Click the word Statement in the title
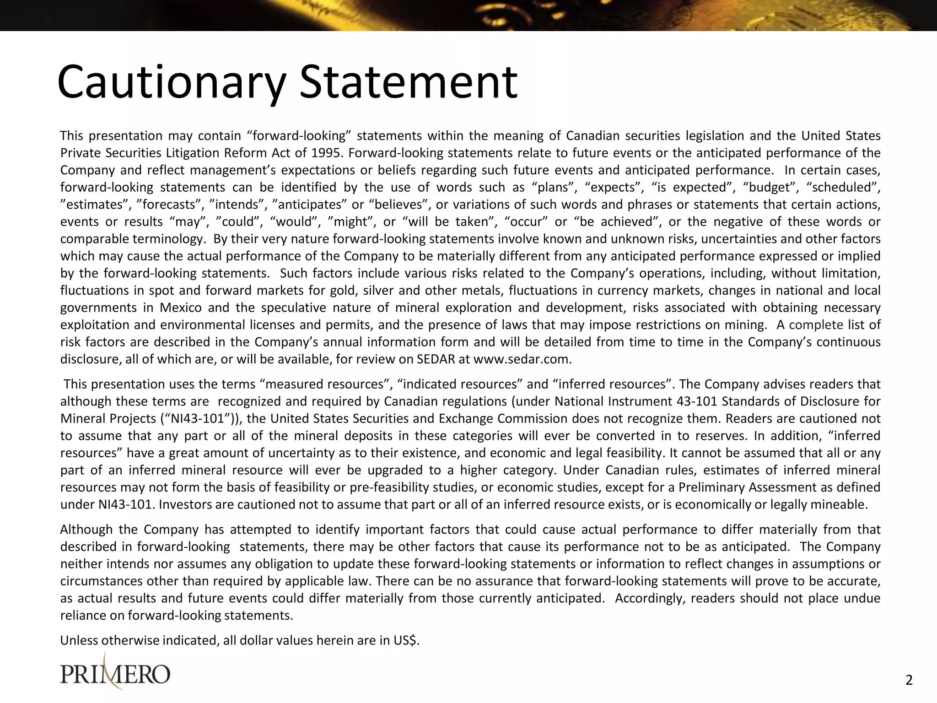(x=408, y=82)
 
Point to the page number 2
(x=909, y=681)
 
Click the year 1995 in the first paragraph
(x=328, y=153)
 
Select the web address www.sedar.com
(x=522, y=359)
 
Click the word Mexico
(x=180, y=308)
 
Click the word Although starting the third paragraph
(x=86, y=530)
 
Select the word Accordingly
(x=649, y=599)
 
